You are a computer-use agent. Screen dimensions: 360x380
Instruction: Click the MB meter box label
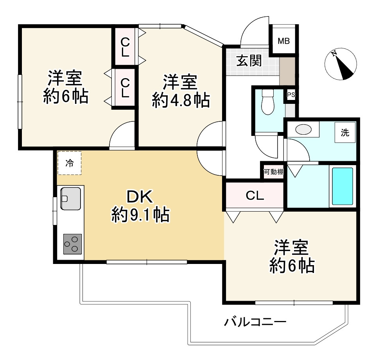(283, 41)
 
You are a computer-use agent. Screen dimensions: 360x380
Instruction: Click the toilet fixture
(267, 102)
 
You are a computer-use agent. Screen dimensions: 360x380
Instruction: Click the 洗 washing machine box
(344, 132)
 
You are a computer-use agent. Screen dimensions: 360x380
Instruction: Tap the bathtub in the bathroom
(342, 186)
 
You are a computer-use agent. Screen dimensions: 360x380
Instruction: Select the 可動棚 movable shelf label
(274, 171)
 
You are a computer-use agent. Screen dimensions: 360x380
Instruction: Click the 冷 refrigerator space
(70, 163)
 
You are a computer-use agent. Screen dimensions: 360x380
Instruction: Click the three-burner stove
(72, 244)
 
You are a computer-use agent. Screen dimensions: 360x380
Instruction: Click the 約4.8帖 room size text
(180, 101)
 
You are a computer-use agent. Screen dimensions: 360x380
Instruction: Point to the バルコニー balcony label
(255, 322)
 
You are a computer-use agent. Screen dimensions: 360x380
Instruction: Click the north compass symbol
(341, 64)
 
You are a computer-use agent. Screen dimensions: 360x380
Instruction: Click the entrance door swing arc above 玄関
(254, 30)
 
